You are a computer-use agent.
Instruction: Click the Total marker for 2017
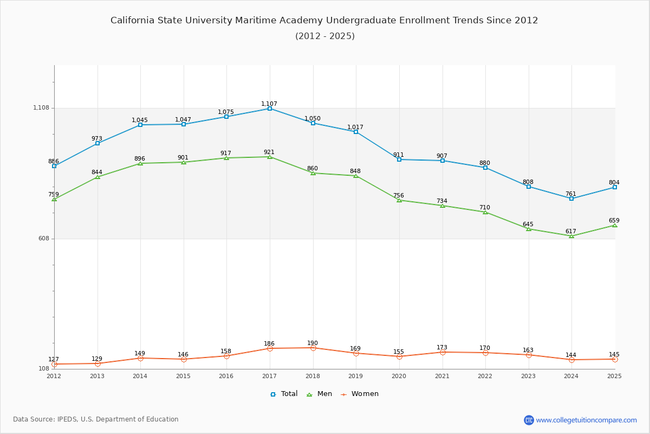pos(270,108)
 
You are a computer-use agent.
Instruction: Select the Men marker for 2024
pos(571,236)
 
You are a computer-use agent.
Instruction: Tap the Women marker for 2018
pos(313,348)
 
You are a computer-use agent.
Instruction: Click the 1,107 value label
pos(269,104)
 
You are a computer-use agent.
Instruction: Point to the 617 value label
pos(571,231)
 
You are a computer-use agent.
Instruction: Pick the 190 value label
pos(313,343)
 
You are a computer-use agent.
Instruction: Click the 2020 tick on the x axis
pos(399,376)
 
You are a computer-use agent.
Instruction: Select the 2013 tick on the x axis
pos(97,376)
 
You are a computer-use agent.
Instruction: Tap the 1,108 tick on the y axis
pos(41,108)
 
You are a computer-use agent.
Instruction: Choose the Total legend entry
pos(284,394)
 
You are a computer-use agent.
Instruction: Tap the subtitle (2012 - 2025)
pos(325,36)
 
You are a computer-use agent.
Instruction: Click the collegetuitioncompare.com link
pos(586,420)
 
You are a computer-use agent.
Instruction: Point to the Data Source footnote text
pos(96,419)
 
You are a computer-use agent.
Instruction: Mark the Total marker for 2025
pos(615,187)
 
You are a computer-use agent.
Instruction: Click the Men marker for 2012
pos(54,199)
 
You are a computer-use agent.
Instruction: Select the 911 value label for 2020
pos(399,155)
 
